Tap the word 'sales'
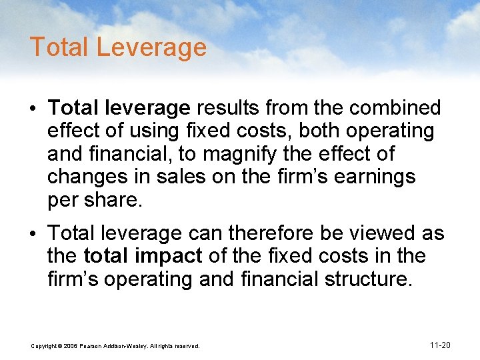(x=183, y=177)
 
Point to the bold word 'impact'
(x=172, y=256)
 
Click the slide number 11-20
(x=440, y=345)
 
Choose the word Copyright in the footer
(x=46, y=345)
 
